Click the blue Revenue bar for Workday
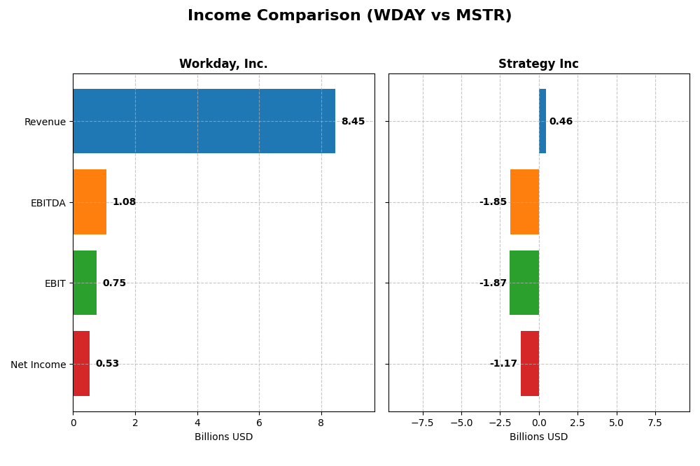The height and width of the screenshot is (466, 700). [x=204, y=121]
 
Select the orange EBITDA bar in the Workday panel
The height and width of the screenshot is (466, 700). [x=90, y=202]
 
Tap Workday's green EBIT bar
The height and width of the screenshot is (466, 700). [x=85, y=283]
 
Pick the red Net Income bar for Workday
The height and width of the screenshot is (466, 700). [x=81, y=363]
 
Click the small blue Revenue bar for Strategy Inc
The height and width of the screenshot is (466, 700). [x=542, y=121]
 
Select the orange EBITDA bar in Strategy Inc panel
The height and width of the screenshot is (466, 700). [x=524, y=202]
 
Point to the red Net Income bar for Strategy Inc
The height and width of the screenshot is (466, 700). [x=530, y=363]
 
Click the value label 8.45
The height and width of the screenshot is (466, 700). [x=353, y=121]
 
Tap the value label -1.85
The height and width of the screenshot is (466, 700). [x=493, y=202]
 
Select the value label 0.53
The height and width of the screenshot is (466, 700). [x=107, y=363]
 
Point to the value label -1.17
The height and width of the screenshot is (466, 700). [x=503, y=363]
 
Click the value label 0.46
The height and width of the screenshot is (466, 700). [x=561, y=121]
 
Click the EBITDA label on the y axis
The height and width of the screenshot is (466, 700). [x=48, y=203]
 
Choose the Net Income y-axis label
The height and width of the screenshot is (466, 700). [x=38, y=365]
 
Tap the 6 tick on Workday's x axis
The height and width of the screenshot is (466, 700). [x=259, y=423]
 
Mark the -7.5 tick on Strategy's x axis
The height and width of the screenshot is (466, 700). [x=422, y=423]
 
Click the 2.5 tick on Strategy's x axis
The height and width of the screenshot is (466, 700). [x=577, y=423]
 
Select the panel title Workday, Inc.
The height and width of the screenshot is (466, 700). [x=223, y=64]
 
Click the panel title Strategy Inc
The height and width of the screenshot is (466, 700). [x=538, y=64]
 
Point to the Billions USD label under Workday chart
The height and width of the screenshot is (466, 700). [x=223, y=437]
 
